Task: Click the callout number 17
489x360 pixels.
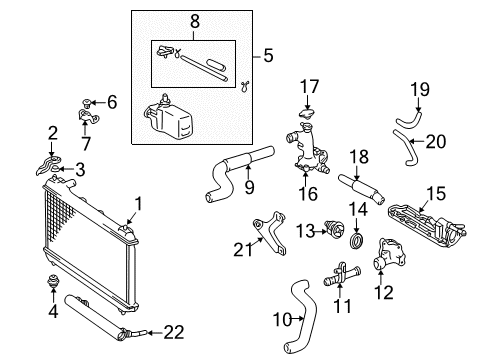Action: (x=309, y=86)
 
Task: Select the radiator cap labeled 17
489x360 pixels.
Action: (x=307, y=113)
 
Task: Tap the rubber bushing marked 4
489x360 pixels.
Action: (x=52, y=281)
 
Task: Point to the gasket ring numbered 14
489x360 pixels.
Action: (x=357, y=241)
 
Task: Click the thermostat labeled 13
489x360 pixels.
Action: (x=334, y=229)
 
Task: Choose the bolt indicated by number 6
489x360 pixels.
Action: (x=87, y=103)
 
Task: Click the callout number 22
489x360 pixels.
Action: (x=174, y=333)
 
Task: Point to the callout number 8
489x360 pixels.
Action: (x=195, y=21)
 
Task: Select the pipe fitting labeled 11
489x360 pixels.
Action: (x=342, y=275)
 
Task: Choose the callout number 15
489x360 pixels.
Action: (x=436, y=194)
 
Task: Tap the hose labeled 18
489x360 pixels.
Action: (x=362, y=189)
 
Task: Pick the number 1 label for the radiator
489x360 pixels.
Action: (x=138, y=204)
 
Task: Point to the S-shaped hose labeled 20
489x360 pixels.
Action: (x=404, y=147)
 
